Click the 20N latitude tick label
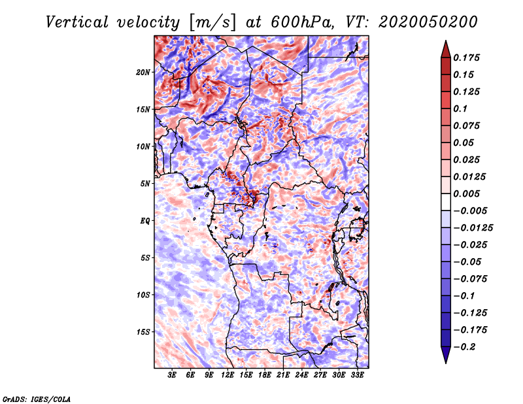tap(143, 72)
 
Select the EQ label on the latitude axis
tap(144, 220)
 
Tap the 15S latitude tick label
tap(143, 331)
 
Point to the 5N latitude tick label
tap(144, 183)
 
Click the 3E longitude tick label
tap(172, 376)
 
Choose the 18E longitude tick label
tap(265, 376)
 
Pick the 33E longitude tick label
tap(358, 376)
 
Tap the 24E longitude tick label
tap(302, 376)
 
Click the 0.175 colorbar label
tap(467, 58)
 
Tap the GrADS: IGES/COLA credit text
tap(36, 399)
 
